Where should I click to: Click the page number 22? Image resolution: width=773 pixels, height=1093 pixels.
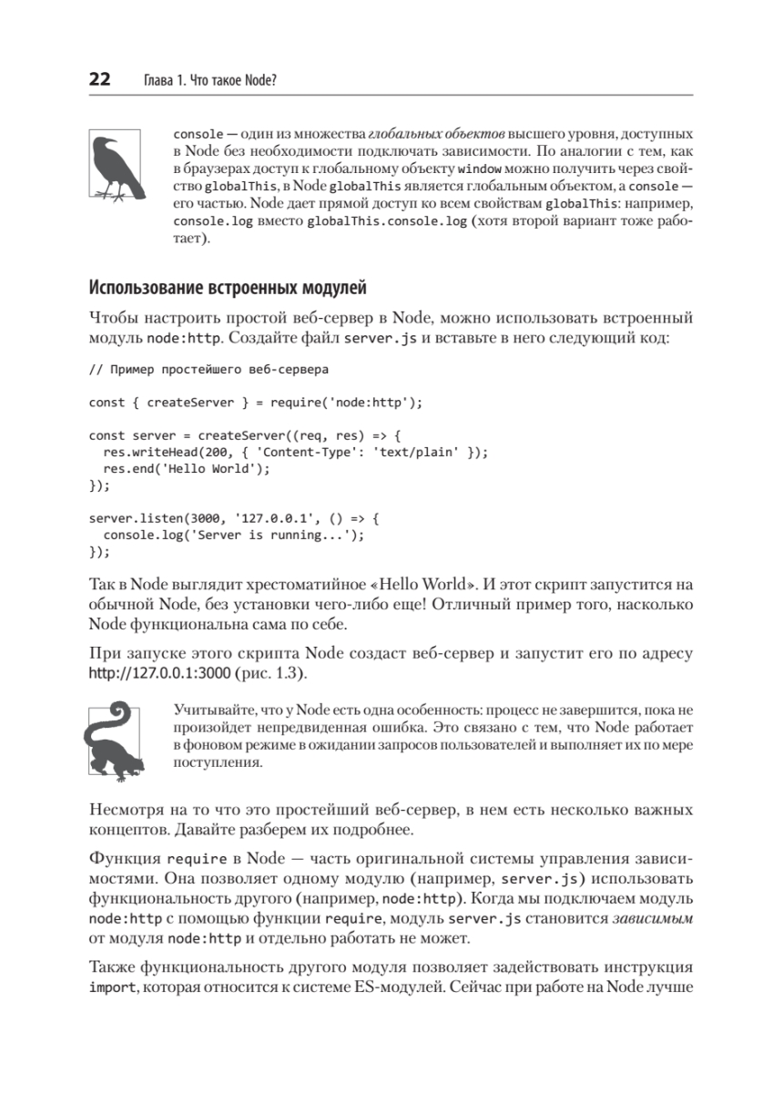(x=99, y=80)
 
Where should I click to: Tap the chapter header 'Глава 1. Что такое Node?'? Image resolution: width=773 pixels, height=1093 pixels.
(x=210, y=81)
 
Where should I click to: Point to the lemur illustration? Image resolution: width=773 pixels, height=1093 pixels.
(x=114, y=740)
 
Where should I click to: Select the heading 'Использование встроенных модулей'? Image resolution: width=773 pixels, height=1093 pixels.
(x=228, y=290)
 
